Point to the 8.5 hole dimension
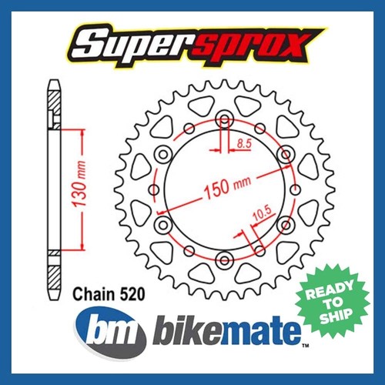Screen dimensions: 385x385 (x=244, y=143)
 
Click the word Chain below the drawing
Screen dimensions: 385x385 (x=89, y=294)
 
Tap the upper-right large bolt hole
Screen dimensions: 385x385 (x=286, y=156)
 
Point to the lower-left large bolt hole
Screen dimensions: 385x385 (x=162, y=224)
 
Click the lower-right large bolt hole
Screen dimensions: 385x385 (x=286, y=224)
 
